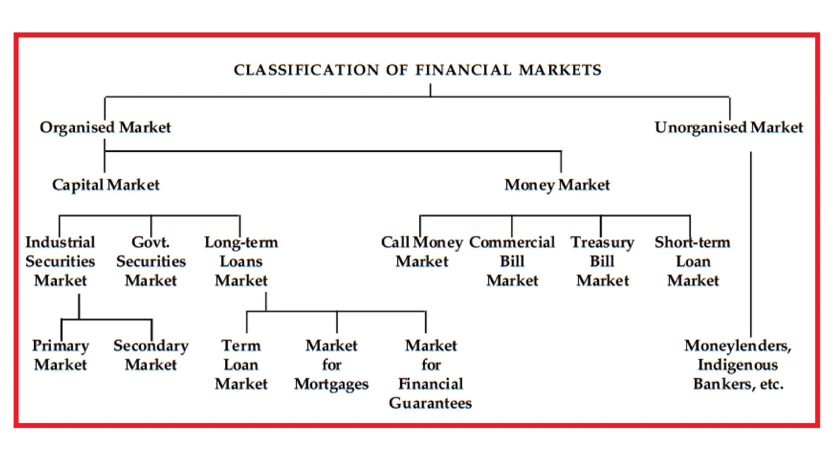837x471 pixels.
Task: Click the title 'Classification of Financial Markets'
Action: coord(418,70)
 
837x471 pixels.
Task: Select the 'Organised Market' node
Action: coord(105,127)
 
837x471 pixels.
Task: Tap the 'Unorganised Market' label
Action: coord(729,127)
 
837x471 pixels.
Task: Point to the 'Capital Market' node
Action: coord(105,185)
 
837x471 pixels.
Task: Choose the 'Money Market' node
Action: coord(557,185)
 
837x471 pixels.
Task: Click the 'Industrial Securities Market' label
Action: coord(60,261)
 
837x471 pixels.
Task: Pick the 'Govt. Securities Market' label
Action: coord(151,261)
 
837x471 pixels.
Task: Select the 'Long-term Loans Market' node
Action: coord(241,261)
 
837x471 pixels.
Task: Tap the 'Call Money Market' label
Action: coord(422,252)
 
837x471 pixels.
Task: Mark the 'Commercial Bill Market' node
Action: coord(512,261)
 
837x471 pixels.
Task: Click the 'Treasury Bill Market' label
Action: coord(602,261)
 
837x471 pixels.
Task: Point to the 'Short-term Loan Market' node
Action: coord(693,261)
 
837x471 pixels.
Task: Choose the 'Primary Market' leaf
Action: coord(60,355)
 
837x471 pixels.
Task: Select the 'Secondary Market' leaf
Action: coord(151,355)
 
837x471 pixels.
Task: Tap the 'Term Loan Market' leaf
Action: coord(241,365)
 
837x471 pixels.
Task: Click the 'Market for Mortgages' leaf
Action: coord(331,365)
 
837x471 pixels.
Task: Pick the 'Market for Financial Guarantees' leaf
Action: coord(431,374)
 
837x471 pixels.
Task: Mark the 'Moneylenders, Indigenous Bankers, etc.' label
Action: coord(738,365)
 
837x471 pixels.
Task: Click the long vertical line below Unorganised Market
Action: coord(751,245)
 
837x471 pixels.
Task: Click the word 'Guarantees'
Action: coord(430,403)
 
